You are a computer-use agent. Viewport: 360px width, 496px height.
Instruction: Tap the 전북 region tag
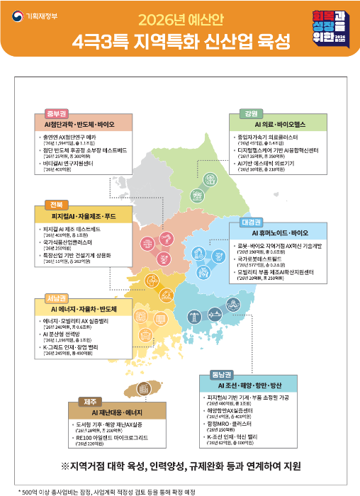tap(55, 205)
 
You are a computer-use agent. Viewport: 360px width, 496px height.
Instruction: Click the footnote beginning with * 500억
tap(107, 490)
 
